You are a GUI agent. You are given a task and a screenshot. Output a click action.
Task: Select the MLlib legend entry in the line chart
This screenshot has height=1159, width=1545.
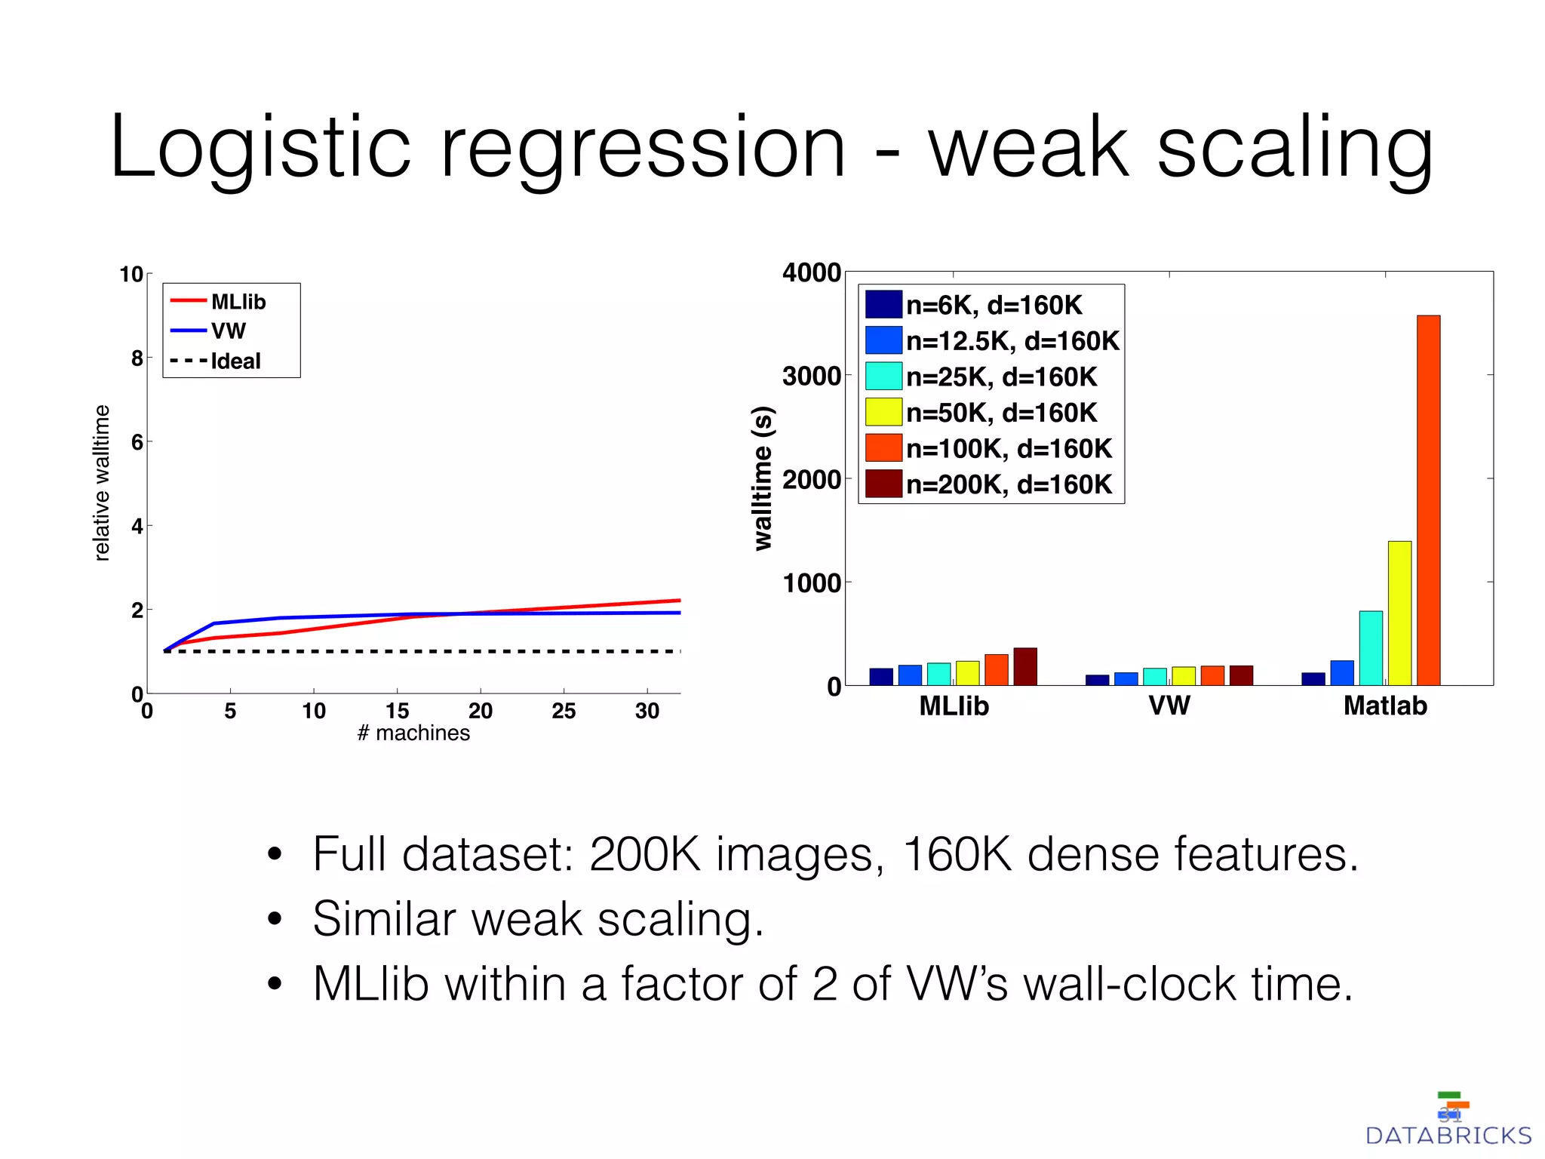tap(238, 302)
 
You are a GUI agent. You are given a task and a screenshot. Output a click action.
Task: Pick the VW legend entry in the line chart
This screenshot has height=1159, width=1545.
tap(228, 330)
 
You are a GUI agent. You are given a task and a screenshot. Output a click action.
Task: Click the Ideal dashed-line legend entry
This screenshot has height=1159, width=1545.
tap(235, 361)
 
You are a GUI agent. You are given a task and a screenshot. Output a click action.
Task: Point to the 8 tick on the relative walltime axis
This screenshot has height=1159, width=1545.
tap(137, 358)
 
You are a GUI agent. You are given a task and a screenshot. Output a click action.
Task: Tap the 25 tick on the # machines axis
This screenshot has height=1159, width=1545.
tap(564, 711)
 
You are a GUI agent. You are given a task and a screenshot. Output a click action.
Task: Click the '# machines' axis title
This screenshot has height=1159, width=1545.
tap(413, 733)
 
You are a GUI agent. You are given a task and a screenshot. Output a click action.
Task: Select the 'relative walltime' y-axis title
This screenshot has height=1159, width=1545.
tap(101, 483)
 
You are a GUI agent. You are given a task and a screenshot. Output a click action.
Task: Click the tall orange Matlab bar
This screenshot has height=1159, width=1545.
tap(1428, 500)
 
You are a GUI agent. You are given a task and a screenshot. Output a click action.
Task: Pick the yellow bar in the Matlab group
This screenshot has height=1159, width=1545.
tap(1399, 613)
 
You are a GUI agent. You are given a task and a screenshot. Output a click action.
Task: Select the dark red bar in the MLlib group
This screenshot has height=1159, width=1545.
tap(1025, 666)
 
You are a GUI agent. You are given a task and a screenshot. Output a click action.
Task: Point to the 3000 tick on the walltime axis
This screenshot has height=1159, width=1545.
tap(811, 376)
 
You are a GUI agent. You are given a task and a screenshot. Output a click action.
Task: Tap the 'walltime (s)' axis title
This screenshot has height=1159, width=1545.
tap(763, 478)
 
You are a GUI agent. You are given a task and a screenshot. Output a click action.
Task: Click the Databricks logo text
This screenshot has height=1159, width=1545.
tap(1448, 1136)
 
